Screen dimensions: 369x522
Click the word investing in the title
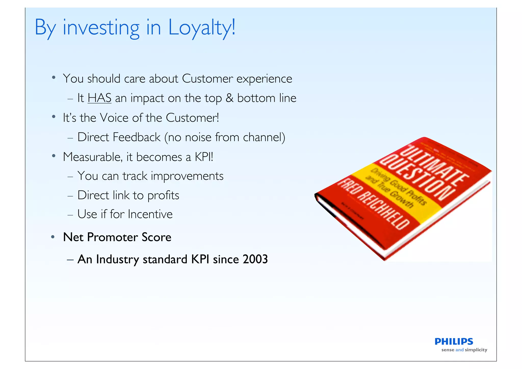tap(101, 28)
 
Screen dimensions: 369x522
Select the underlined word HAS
tap(99, 98)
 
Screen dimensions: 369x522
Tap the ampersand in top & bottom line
tap(229, 98)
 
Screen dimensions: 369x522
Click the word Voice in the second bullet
tap(114, 118)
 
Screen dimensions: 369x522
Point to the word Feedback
tap(137, 137)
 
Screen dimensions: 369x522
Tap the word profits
tap(163, 195)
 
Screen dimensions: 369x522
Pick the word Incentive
tap(150, 214)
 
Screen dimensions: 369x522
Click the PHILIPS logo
tap(454, 341)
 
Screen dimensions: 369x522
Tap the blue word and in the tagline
tap(459, 350)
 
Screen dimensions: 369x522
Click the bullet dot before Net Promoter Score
tap(53, 237)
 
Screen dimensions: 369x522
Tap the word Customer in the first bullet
tap(207, 79)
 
